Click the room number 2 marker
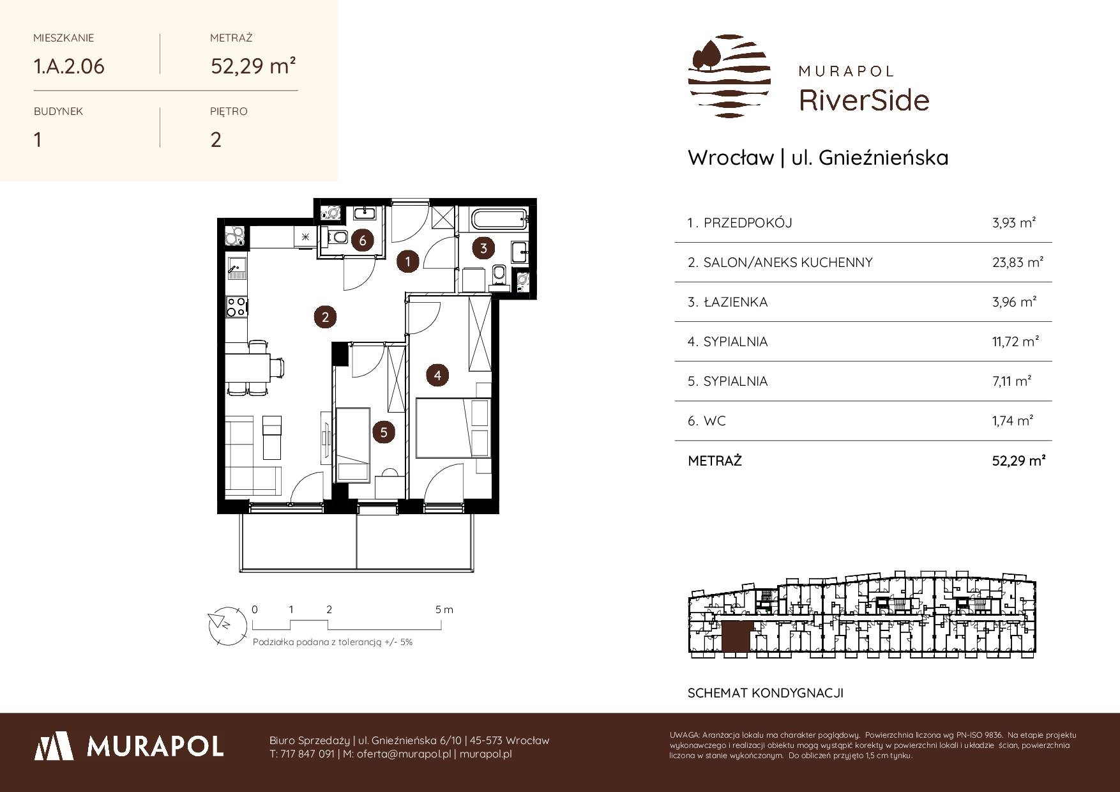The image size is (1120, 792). (x=325, y=317)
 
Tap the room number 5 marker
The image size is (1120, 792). (x=384, y=432)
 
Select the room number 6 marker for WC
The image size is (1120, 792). (x=363, y=241)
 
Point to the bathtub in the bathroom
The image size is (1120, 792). (x=497, y=220)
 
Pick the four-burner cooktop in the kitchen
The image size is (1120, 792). (x=237, y=307)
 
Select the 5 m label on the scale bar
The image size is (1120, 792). (x=444, y=609)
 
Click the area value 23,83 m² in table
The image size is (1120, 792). (x=1018, y=262)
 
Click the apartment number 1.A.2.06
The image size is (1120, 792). (x=69, y=66)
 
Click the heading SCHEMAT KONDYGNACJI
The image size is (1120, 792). (x=766, y=693)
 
